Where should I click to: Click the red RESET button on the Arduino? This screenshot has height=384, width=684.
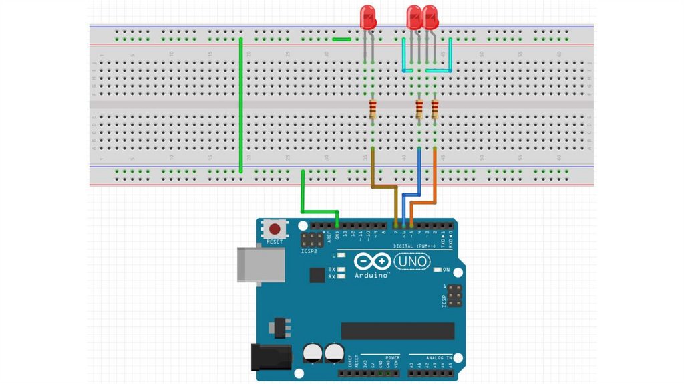click(x=273, y=227)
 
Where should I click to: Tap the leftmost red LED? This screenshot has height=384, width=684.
click(x=368, y=17)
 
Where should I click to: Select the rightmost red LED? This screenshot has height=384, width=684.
click(x=430, y=17)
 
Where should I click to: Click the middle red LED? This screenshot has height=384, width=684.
click(x=414, y=17)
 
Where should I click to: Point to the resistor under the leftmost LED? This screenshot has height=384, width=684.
click(x=373, y=109)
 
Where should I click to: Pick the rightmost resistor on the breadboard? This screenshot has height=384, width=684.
click(x=435, y=109)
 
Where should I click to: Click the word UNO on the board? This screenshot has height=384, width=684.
click(x=413, y=261)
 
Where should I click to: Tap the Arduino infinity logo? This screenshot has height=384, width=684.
click(x=372, y=261)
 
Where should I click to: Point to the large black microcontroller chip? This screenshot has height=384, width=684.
click(x=397, y=330)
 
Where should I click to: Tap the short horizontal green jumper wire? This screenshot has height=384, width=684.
click(x=341, y=39)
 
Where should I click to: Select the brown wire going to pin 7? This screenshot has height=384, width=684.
click(x=384, y=185)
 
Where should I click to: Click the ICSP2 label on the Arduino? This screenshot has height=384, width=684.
click(x=309, y=252)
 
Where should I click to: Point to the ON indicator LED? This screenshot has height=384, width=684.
click(x=438, y=270)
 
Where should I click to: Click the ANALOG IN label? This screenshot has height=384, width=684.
click(x=431, y=357)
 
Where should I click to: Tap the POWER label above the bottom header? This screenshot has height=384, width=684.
click(x=392, y=357)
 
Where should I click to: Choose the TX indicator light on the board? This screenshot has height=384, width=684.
click(x=341, y=269)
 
